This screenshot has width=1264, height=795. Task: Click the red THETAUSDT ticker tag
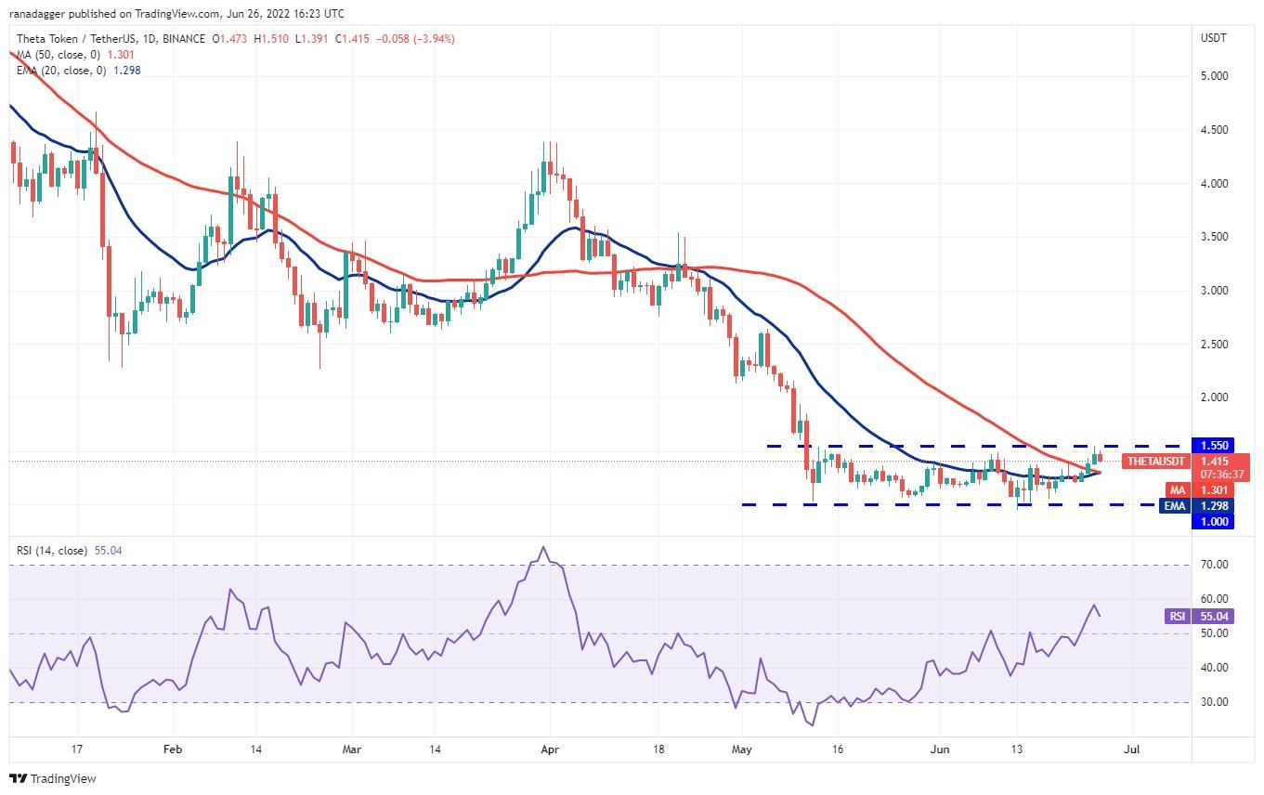[x=1154, y=461]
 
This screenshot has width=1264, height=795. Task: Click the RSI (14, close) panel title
[x=52, y=551]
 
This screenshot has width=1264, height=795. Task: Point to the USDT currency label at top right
[x=1213, y=38]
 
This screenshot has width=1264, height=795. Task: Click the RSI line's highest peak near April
[x=543, y=547]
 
